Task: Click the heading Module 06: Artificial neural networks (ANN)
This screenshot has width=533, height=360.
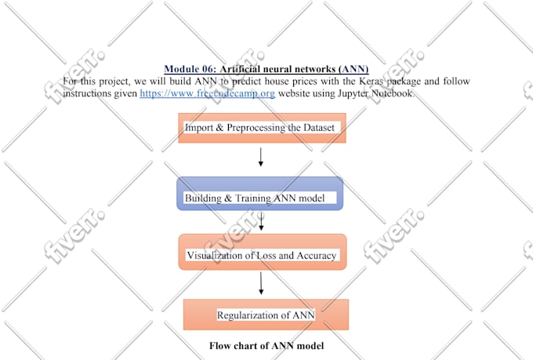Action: (266, 69)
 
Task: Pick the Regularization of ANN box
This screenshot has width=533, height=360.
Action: (265, 314)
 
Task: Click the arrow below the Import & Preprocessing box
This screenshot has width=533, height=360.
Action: (260, 157)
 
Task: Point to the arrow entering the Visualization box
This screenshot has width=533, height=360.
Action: (260, 223)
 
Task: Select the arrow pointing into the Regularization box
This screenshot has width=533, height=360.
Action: (260, 284)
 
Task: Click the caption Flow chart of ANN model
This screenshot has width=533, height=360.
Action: (266, 345)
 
